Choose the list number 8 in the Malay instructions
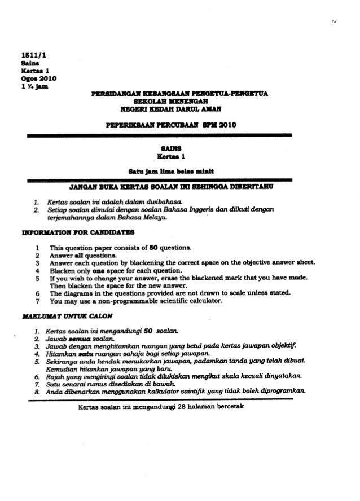[x=36, y=390]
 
